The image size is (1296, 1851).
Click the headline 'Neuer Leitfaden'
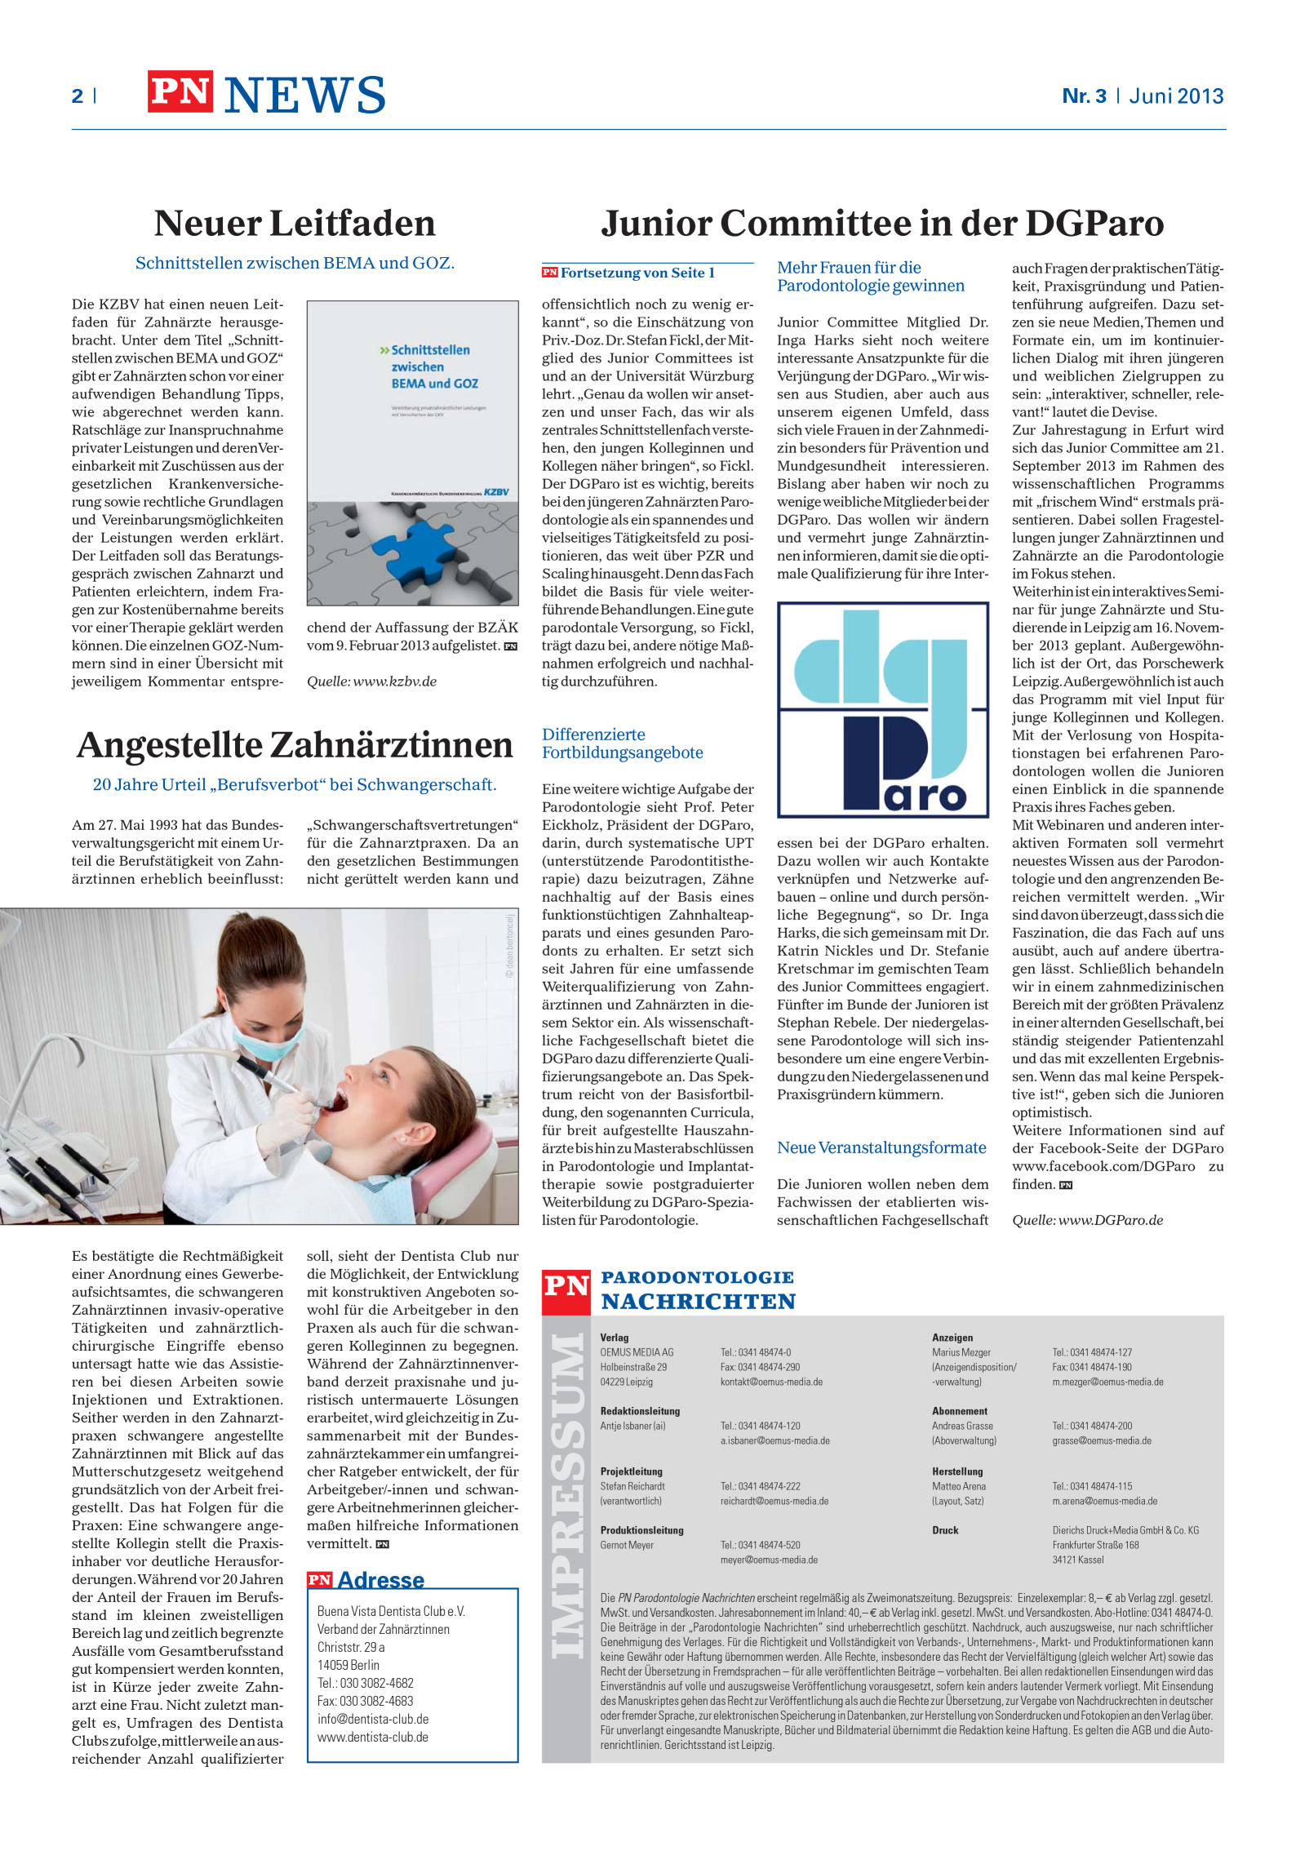point(295,224)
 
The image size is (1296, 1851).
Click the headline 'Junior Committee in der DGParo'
point(882,224)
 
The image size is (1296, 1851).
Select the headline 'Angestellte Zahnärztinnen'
point(295,744)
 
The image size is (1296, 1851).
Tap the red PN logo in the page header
point(180,91)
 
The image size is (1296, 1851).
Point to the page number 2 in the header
point(78,96)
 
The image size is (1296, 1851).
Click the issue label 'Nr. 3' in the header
point(1084,96)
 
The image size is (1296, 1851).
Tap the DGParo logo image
point(882,709)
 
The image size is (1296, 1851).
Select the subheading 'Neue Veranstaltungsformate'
point(881,1147)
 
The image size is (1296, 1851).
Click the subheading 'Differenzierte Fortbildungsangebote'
point(622,744)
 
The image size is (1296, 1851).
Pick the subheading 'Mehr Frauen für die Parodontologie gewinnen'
point(870,277)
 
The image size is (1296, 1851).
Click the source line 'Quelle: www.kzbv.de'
point(371,681)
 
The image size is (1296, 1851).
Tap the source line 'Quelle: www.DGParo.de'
point(1087,1220)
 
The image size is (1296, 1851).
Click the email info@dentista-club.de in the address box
point(372,1719)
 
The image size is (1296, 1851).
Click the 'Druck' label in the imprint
point(945,1530)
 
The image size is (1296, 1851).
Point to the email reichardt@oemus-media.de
point(774,1501)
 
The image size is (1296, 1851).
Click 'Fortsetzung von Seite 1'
point(637,273)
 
